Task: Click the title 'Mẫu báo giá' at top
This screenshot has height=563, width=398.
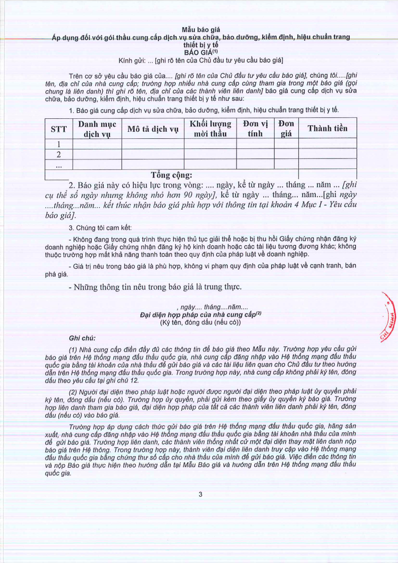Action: point(201,30)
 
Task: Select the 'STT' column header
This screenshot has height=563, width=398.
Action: point(59,128)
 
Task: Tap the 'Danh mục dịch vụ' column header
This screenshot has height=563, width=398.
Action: point(97,128)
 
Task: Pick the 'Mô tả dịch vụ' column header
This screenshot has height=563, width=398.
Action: point(153,128)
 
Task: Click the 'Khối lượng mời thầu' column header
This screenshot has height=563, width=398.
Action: point(210,128)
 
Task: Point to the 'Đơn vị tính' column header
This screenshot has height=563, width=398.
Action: point(255,128)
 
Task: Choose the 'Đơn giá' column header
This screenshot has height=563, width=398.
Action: point(286,128)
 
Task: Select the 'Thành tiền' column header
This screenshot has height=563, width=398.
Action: point(327,128)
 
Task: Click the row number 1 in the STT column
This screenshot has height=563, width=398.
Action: point(59,144)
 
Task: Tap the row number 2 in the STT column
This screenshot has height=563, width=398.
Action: point(59,154)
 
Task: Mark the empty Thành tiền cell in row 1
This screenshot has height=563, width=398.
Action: point(327,144)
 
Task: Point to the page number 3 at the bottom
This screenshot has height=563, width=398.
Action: point(201,494)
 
